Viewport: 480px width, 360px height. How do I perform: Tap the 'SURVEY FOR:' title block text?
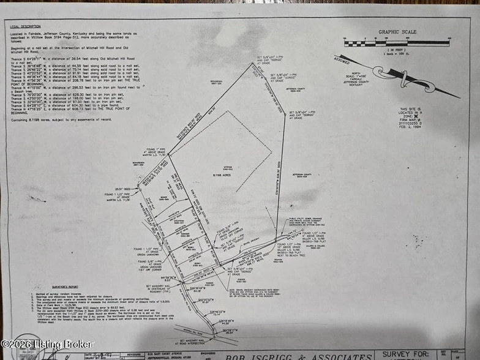click(404, 353)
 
